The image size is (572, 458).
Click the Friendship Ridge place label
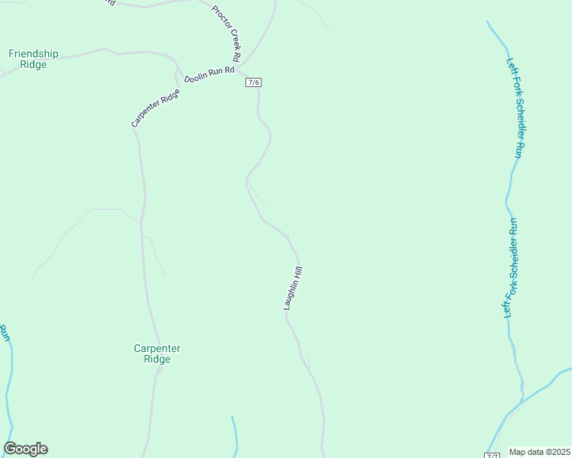coord(33,60)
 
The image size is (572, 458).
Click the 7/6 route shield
coord(254,82)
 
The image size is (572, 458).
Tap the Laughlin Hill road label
coord(294,288)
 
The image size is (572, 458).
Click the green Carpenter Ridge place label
coord(157,353)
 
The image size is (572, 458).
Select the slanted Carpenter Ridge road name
coord(155,108)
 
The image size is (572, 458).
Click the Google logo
coord(25,449)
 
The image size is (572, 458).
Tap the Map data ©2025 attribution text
coord(539,452)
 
